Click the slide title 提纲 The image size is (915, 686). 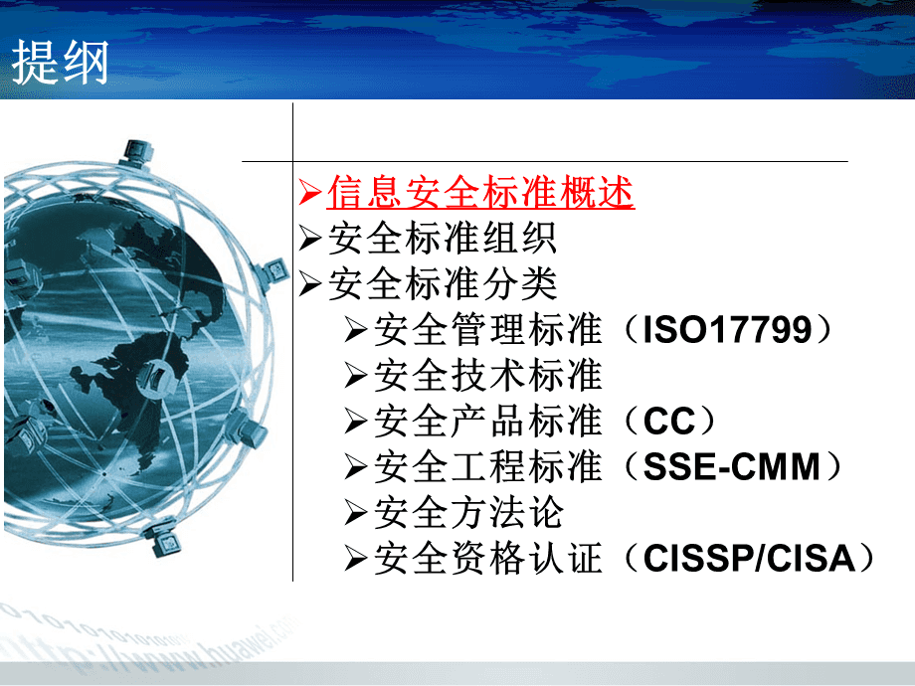point(61,64)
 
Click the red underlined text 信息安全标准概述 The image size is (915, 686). point(480,193)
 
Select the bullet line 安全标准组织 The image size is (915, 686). point(442,239)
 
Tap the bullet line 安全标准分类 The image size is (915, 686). point(442,284)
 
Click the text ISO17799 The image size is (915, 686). point(728,330)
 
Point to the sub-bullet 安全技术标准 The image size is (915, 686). point(488,376)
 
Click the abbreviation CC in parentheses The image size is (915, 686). point(670,422)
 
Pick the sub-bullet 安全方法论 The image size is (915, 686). point(468,513)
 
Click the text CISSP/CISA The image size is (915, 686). point(750,559)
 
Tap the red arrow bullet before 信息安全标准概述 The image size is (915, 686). point(310,192)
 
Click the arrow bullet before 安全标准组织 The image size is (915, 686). point(310,239)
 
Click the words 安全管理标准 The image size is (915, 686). point(488,330)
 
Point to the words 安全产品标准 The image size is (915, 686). point(488,422)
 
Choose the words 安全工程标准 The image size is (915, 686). point(488,467)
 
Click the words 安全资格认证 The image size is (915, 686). point(488,559)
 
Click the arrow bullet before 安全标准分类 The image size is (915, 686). point(310,284)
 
